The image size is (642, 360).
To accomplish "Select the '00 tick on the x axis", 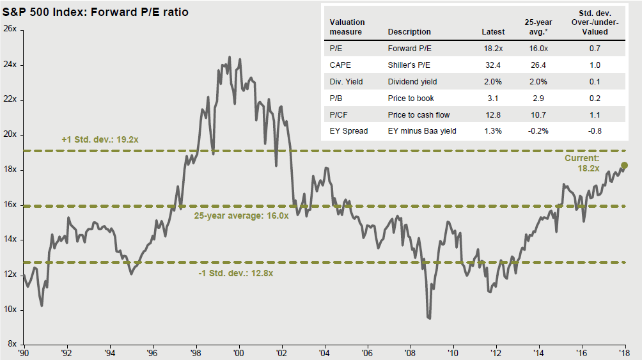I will click(239, 352).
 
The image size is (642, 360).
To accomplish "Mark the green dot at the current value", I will click(625, 165).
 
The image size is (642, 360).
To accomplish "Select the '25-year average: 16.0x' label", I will click(241, 215).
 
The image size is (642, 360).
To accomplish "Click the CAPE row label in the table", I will click(340, 65).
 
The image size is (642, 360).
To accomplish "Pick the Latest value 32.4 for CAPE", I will click(495, 65).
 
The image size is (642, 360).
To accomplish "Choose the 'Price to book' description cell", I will click(411, 98).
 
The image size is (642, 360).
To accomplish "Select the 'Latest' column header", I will click(493, 31).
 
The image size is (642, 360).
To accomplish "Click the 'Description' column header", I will click(409, 31).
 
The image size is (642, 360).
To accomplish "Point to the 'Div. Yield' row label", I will click(347, 81).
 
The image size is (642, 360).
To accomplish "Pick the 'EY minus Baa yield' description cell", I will click(422, 131).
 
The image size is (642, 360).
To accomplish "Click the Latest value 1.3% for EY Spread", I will click(494, 131).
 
